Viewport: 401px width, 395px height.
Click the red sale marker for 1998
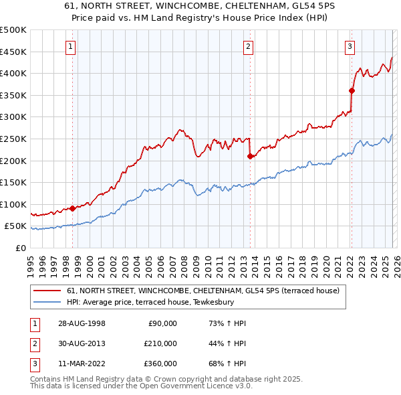[72, 208]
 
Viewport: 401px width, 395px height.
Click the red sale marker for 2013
[249, 156]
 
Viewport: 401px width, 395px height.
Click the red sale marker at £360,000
[352, 90]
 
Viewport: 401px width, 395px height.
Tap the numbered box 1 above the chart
[71, 46]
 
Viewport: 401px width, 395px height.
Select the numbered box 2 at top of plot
[248, 46]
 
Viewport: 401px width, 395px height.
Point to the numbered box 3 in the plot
[350, 46]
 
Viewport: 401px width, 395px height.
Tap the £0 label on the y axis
[20, 248]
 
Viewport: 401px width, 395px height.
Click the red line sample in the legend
[47, 291]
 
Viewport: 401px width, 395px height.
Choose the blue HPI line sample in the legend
[47, 302]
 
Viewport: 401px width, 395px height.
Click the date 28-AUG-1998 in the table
[82, 323]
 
